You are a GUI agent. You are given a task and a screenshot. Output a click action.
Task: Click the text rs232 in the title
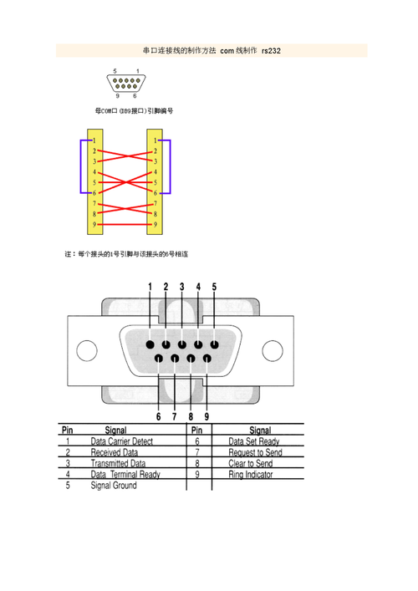coord(271,51)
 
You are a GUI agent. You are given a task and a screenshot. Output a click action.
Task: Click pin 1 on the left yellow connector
coord(94,140)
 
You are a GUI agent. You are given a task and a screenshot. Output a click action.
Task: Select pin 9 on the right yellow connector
coord(155,225)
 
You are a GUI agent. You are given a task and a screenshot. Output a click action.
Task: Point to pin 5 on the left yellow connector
coord(94,182)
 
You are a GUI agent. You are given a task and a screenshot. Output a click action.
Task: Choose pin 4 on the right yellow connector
coord(155,171)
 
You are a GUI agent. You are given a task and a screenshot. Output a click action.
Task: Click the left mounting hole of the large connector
coord(87,351)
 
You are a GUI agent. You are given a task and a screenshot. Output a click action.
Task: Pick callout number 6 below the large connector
coord(158,415)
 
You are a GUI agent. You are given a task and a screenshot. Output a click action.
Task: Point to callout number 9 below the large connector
coord(206,415)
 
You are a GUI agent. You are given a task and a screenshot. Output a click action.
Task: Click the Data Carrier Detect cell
coord(121,441)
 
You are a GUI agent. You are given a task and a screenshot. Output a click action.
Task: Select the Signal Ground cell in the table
coord(113,486)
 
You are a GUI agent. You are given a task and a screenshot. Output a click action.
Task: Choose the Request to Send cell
coord(255,452)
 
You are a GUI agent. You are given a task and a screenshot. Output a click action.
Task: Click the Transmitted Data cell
coord(118,463)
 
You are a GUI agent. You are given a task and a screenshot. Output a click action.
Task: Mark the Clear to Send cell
coord(250,463)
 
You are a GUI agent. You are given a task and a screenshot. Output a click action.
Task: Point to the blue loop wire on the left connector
coord(81,167)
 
